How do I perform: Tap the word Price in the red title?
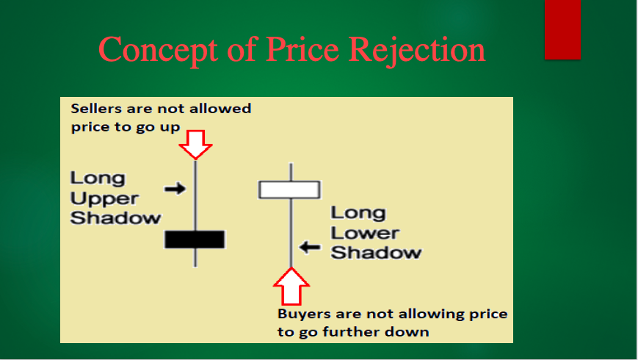pyautogui.click(x=302, y=49)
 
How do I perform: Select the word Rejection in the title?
pyautogui.click(x=417, y=51)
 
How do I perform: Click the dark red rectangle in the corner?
pyautogui.click(x=562, y=29)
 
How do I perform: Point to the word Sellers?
pyautogui.click(x=96, y=109)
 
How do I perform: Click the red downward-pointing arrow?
pyautogui.click(x=196, y=145)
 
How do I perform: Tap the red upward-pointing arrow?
pyautogui.click(x=291, y=287)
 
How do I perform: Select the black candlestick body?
pyautogui.click(x=195, y=240)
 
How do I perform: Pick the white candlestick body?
pyautogui.click(x=289, y=190)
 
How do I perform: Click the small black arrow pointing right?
pyautogui.click(x=175, y=189)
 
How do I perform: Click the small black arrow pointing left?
pyautogui.click(x=310, y=247)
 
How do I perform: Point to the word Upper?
pyautogui.click(x=104, y=198)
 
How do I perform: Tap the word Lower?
pyautogui.click(x=365, y=233)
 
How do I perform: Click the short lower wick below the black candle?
pyautogui.click(x=196, y=257)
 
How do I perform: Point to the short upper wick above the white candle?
pyautogui.click(x=291, y=172)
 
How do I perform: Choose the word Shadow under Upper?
pyautogui.click(x=115, y=218)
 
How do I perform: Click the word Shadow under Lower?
pyautogui.click(x=376, y=253)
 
